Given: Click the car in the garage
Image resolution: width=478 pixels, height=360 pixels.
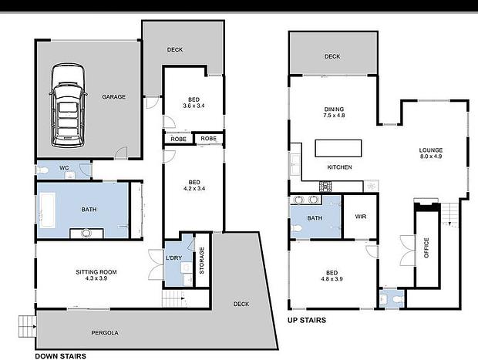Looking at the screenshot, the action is [68, 106].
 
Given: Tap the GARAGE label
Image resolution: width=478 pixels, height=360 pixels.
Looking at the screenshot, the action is [113, 97].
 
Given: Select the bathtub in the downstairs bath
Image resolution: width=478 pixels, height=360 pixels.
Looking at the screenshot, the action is [48, 210].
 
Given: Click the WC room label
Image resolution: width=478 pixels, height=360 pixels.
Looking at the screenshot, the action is [64, 167].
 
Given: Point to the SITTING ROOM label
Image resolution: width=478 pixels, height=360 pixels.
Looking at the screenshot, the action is [96, 272].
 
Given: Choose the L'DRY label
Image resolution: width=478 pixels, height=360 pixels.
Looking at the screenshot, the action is [173, 258].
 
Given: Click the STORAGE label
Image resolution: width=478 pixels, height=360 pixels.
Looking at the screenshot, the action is [202, 261].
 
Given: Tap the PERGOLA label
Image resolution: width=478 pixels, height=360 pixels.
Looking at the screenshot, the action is [105, 333].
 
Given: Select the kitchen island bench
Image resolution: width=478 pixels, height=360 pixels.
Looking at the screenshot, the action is [338, 149].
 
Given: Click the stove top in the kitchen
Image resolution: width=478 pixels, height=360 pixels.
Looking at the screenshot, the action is [325, 187].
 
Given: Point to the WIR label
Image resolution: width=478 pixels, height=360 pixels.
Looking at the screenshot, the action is [361, 217].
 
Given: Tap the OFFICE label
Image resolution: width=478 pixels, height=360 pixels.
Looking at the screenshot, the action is [426, 247].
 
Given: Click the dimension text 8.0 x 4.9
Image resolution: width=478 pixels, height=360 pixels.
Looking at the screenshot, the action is [431, 156].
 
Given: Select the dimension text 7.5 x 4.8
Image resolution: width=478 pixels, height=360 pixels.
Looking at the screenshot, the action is [334, 116].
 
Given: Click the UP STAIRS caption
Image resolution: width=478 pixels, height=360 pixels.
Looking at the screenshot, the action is [307, 320].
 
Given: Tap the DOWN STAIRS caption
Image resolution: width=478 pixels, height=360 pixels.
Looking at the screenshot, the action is [61, 356].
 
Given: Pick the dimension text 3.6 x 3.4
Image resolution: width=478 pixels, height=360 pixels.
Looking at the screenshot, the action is [194, 106].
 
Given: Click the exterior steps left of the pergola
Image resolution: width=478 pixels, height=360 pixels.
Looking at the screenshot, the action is [28, 326].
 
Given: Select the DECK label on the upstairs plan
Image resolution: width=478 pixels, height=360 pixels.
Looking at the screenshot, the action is [332, 56].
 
